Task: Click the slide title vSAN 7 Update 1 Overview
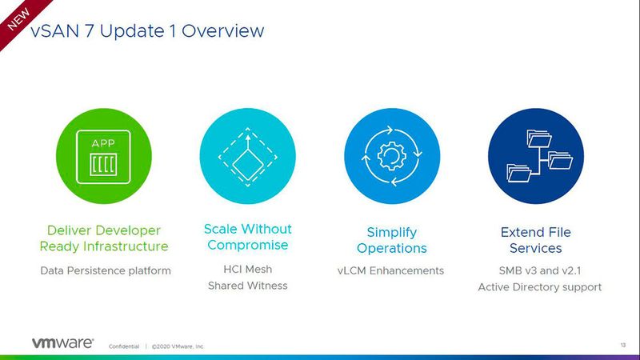(x=146, y=31)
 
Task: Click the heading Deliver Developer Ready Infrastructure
(x=104, y=238)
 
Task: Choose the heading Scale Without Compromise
(x=247, y=237)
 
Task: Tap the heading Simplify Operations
(x=391, y=240)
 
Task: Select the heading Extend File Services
(x=536, y=240)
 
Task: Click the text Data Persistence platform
(x=106, y=270)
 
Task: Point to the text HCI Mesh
(x=247, y=269)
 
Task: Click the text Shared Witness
(x=247, y=286)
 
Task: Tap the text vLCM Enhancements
(x=390, y=270)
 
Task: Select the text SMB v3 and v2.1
(x=535, y=270)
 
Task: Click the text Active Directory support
(x=539, y=286)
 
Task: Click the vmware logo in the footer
(x=62, y=342)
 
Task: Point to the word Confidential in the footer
(x=123, y=346)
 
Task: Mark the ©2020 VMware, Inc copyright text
(x=178, y=346)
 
